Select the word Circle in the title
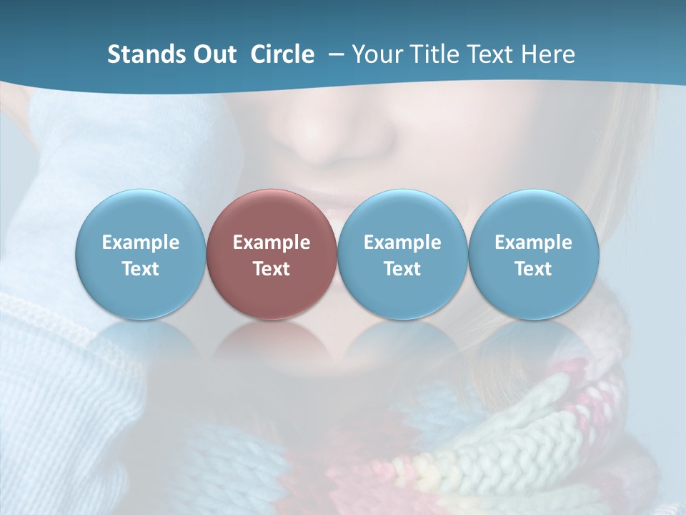(x=282, y=54)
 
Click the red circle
(x=272, y=254)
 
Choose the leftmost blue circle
(x=141, y=254)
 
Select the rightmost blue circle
(x=534, y=254)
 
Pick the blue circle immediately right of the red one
(x=402, y=254)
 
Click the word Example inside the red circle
(x=272, y=242)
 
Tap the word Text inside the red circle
(x=272, y=269)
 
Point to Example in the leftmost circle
(x=141, y=242)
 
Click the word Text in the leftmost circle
(x=141, y=269)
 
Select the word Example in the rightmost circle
(x=534, y=242)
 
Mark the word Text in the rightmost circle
(x=534, y=269)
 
